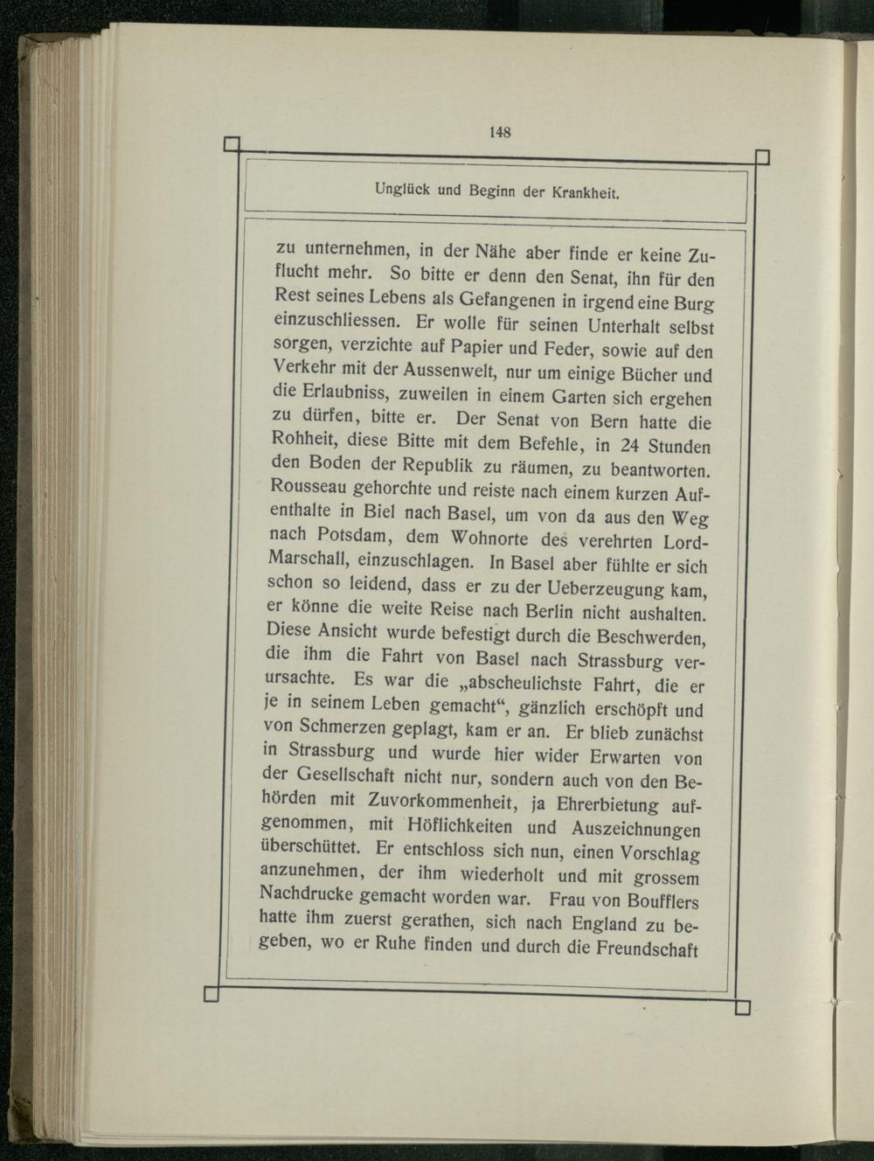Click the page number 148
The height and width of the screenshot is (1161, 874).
point(500,132)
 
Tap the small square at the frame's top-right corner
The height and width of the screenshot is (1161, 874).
point(761,157)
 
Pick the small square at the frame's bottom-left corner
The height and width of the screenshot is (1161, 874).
point(210,993)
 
